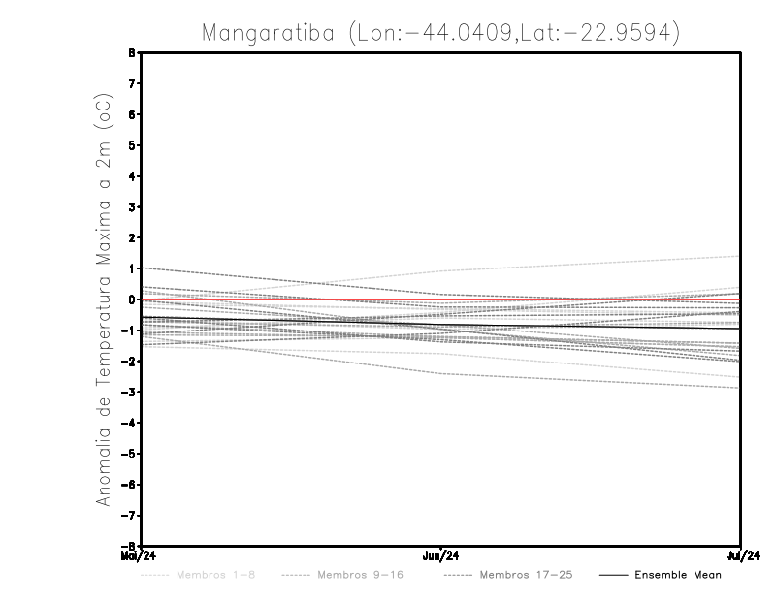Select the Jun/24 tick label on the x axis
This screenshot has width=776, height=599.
coord(441,555)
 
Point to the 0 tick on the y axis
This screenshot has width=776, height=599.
coord(132,299)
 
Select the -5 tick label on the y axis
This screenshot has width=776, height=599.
coord(130,454)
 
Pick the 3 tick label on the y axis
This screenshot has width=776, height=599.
coord(132,207)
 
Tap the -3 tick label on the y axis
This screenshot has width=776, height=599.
coord(130,393)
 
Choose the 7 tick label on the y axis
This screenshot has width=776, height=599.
coord(132,83)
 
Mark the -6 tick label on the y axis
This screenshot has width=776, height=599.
coord(130,485)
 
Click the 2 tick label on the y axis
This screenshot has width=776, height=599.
coord(132,237)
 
